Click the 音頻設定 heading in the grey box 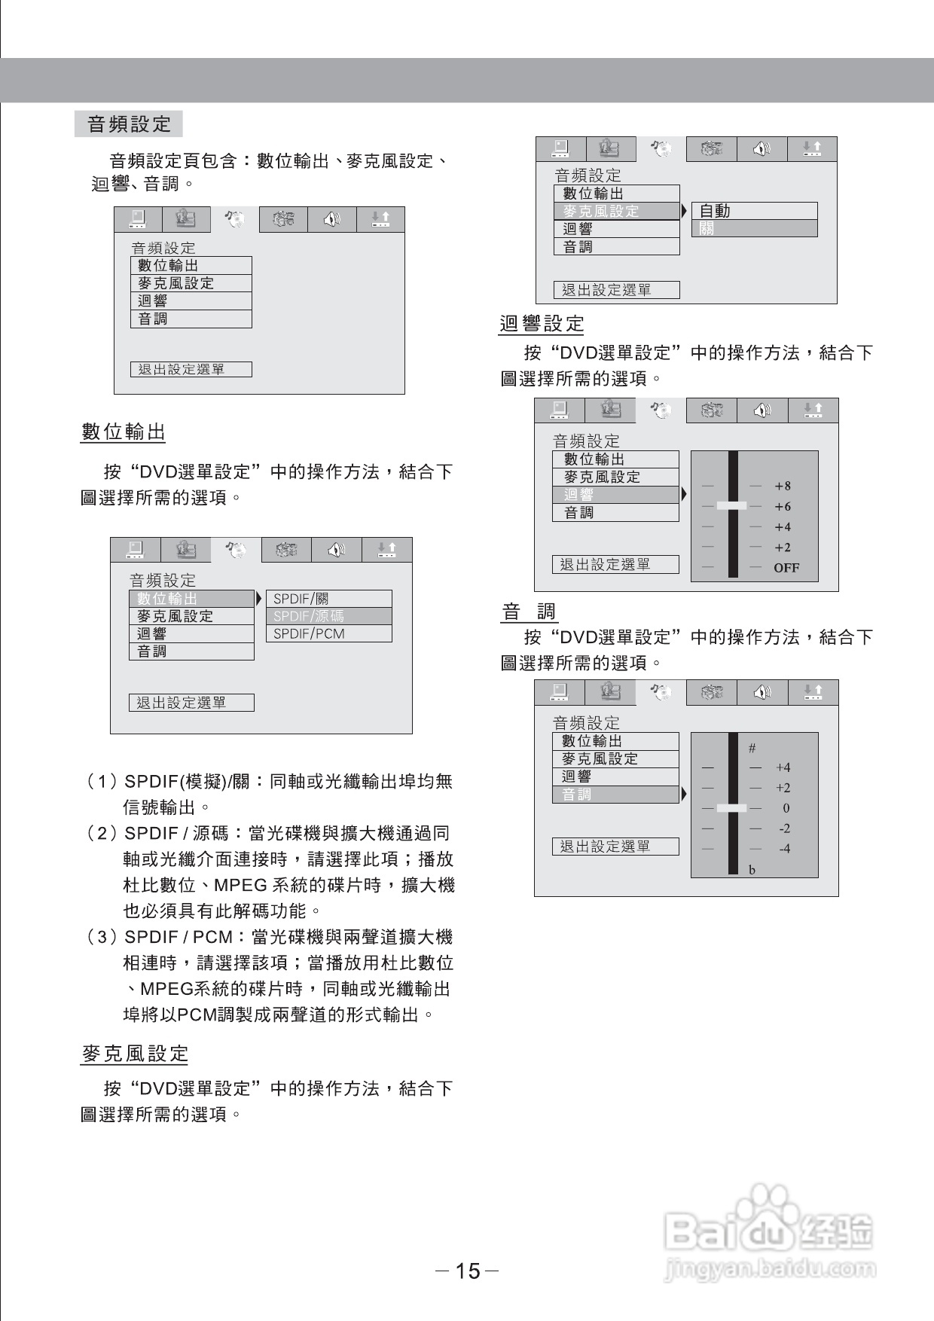click(129, 124)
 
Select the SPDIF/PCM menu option click(309, 633)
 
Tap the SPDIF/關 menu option click(301, 599)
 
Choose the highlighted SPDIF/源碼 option click(309, 616)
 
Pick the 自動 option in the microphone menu click(715, 211)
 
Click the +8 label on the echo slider click(783, 487)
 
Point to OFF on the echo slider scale click(786, 568)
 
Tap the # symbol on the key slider click(752, 748)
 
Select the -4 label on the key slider click(784, 849)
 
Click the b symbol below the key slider click(752, 870)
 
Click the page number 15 click(468, 1271)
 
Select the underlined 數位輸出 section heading click(123, 432)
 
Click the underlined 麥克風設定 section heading click(134, 1054)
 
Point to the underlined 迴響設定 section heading click(542, 324)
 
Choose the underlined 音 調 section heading click(529, 612)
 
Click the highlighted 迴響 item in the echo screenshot click(578, 495)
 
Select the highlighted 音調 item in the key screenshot click(577, 795)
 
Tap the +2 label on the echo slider click(783, 548)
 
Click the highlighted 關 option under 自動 click(707, 229)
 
